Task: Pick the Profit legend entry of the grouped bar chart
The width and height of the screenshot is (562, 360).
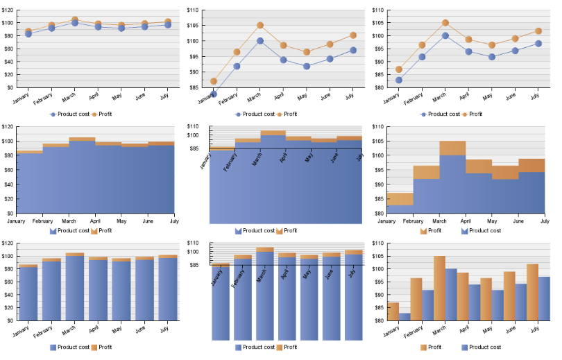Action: (x=430, y=347)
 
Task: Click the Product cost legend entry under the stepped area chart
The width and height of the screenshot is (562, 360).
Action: (x=480, y=230)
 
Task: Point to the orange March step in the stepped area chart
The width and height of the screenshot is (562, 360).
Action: (x=452, y=148)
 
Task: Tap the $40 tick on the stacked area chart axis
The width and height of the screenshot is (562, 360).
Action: (x=8, y=185)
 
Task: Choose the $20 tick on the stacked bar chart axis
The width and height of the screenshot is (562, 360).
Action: (x=8, y=308)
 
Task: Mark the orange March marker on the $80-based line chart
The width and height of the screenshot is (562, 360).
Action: (x=445, y=23)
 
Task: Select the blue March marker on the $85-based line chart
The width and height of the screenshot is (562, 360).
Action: (x=260, y=41)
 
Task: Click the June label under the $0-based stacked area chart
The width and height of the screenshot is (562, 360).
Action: (x=148, y=221)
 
